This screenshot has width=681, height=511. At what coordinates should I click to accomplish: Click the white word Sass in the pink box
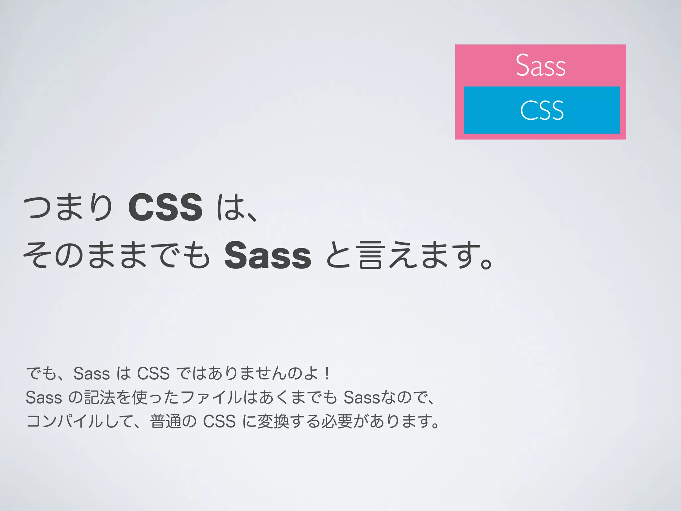pyautogui.click(x=541, y=65)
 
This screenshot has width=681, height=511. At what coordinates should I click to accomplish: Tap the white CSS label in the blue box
pyautogui.click(x=542, y=110)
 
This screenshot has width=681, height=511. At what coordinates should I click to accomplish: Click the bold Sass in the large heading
pyautogui.click(x=268, y=255)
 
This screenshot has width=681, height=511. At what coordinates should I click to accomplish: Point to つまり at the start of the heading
pyautogui.click(x=68, y=208)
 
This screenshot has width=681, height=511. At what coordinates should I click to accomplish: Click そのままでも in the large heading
pyautogui.click(x=116, y=255)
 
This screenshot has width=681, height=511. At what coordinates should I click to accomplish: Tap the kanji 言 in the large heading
pyautogui.click(x=370, y=255)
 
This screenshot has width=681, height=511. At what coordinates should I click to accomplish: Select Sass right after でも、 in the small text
pyautogui.click(x=91, y=373)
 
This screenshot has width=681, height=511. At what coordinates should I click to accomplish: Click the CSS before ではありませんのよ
pyautogui.click(x=153, y=373)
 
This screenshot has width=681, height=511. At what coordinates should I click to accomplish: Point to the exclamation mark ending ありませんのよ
pyautogui.click(x=328, y=373)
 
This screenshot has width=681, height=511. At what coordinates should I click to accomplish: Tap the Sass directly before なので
pyautogui.click(x=361, y=397)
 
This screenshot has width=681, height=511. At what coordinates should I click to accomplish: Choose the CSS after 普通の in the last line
pyautogui.click(x=219, y=421)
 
